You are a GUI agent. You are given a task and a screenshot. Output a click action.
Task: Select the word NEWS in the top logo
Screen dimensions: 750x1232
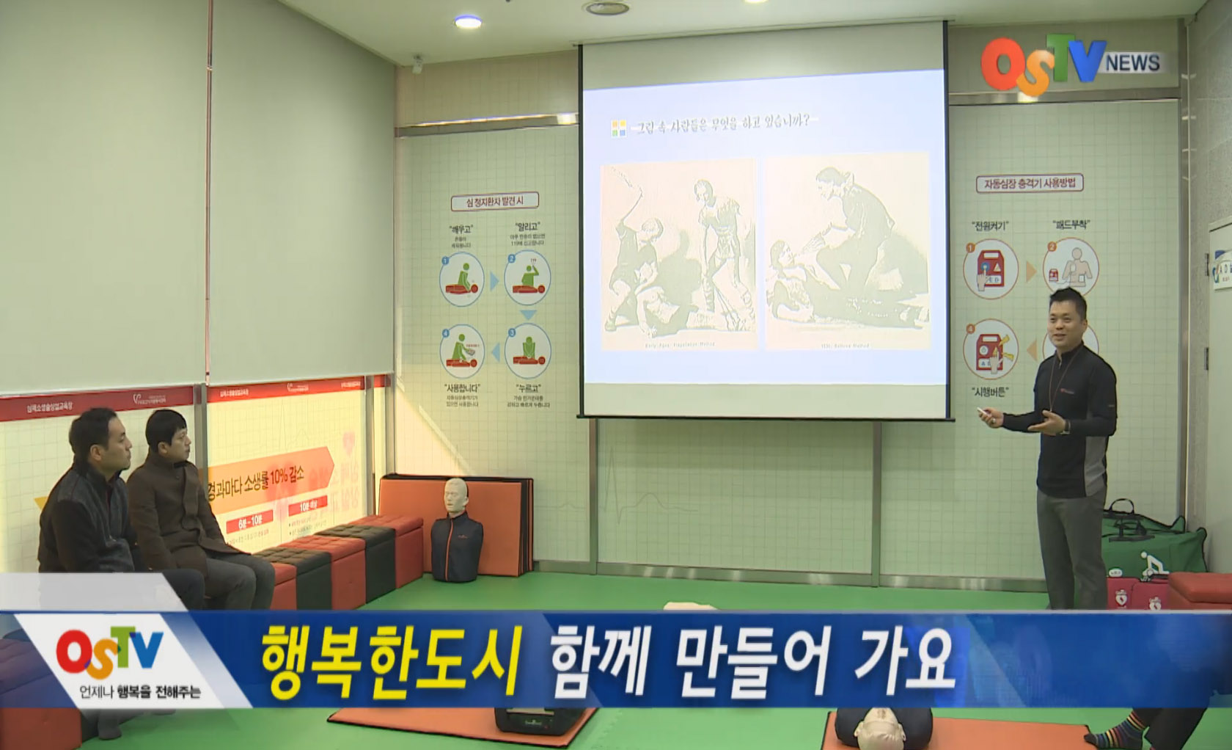(x=1132, y=63)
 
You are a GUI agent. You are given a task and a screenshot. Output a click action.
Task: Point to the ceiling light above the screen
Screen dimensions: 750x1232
(x=467, y=22)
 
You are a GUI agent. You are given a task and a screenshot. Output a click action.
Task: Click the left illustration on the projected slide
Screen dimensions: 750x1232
(x=678, y=254)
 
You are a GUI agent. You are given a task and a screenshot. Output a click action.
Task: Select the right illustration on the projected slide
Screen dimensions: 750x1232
(x=847, y=254)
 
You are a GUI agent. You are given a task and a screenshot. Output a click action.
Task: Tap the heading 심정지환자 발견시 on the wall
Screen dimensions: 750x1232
(x=494, y=201)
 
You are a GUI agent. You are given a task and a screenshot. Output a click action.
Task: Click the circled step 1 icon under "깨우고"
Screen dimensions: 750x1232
(x=462, y=279)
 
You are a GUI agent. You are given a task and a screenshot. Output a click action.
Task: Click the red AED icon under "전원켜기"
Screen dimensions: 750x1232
(x=991, y=269)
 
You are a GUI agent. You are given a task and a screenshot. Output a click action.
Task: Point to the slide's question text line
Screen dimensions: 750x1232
(x=722, y=123)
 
